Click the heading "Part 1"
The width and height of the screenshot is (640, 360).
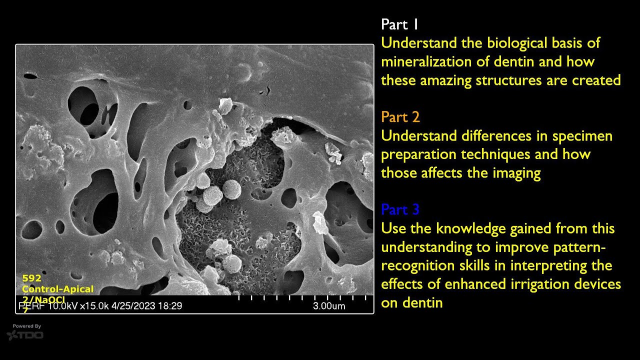pos(399,24)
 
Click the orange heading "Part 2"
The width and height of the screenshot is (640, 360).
pos(400,117)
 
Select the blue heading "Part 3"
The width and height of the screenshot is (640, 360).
pos(400,209)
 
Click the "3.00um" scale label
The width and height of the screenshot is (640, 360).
pos(328,306)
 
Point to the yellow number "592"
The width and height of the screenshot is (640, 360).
pos(31,278)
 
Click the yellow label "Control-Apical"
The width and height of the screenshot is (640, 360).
pos(57,289)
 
